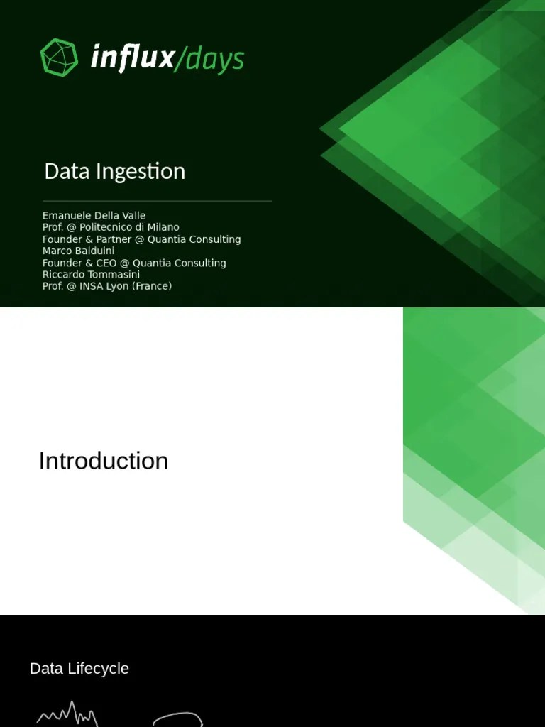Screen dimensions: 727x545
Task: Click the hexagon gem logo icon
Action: tap(59, 58)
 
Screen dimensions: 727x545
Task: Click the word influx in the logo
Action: tap(132, 58)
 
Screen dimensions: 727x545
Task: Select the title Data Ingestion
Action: tap(114, 171)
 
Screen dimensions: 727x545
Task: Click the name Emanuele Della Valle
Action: tap(94, 215)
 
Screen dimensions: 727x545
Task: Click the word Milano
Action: tap(163, 227)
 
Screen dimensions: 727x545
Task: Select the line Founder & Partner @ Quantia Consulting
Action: tap(141, 239)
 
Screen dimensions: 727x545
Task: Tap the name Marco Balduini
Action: tap(78, 251)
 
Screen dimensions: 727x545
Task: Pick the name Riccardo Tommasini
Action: tap(91, 274)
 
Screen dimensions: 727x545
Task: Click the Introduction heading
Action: tap(104, 461)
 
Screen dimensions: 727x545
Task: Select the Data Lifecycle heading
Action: tap(79, 668)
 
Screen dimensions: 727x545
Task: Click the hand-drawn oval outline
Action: tap(177, 718)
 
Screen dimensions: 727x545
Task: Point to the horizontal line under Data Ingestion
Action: tap(158, 201)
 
